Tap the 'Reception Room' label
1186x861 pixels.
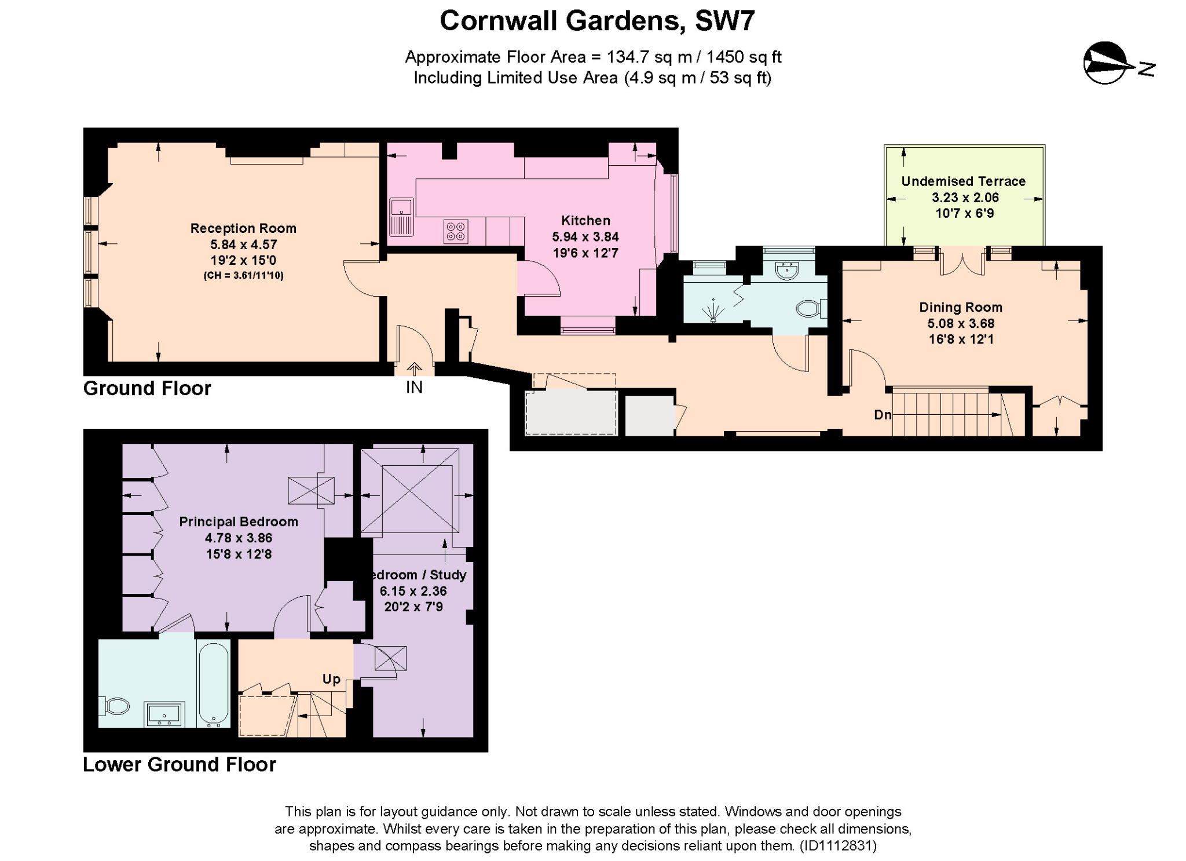pos(243,228)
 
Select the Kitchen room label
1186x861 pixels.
pos(585,220)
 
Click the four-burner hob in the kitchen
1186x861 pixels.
pos(456,231)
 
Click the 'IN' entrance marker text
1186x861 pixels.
pos(414,387)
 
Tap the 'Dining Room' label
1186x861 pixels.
pos(961,307)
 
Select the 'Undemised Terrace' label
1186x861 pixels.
pos(963,181)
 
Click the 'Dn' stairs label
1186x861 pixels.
pos(883,414)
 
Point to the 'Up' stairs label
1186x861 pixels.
pos(331,679)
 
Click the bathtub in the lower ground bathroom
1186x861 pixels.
pos(213,684)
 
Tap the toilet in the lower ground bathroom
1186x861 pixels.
pos(116,706)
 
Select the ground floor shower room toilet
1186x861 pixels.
pos(809,308)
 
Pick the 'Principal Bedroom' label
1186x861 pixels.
pos(239,521)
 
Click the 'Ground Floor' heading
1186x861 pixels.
pos(147,388)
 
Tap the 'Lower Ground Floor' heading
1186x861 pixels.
pos(180,765)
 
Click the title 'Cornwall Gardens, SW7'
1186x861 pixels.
pos(597,21)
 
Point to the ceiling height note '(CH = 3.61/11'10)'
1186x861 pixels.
pos(243,276)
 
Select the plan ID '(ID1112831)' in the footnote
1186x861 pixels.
pos(838,846)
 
